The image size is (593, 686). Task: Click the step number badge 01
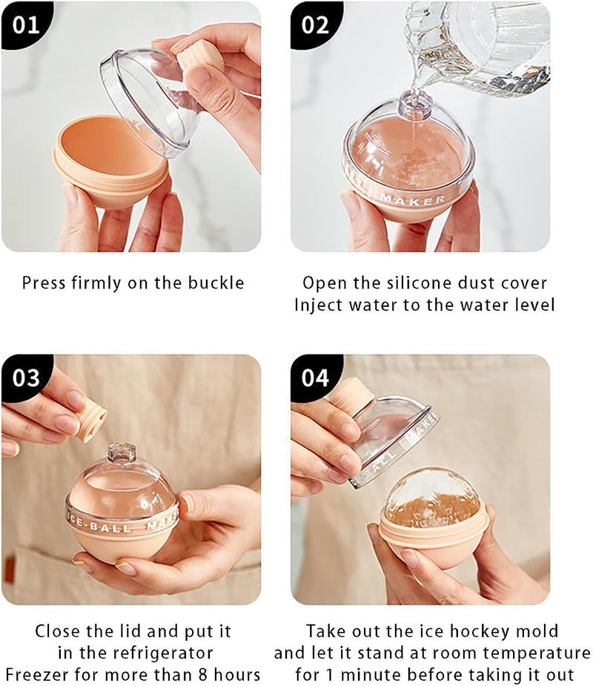(x=24, y=24)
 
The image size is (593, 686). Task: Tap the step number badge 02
(x=314, y=24)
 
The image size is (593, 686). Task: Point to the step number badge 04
(x=315, y=377)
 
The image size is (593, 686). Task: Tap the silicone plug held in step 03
(x=91, y=420)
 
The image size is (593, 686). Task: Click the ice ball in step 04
(x=434, y=497)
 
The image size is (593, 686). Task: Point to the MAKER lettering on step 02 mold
(x=423, y=199)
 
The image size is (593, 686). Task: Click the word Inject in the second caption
(x=318, y=305)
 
